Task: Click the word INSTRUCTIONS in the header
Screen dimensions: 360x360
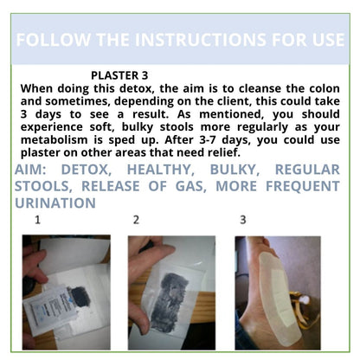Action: click(200, 40)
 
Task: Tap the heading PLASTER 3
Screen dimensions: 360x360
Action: click(119, 75)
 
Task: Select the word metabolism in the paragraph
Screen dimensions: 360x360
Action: click(54, 140)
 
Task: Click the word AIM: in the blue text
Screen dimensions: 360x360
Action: click(30, 170)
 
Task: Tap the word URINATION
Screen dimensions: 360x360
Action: click(55, 203)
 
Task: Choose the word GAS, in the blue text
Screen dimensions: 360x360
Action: click(191, 186)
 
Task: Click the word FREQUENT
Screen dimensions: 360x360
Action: click(303, 186)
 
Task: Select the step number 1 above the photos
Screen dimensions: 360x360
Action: click(37, 220)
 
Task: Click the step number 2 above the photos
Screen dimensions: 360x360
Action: click(136, 220)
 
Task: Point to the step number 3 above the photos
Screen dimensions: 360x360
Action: click(243, 220)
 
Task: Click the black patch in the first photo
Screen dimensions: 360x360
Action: click(80, 297)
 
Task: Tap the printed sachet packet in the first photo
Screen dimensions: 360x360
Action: click(49, 310)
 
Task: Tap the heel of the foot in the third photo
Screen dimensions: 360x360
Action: click(251, 329)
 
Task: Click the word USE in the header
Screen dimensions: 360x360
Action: click(328, 40)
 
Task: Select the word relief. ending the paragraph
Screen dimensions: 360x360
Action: click(224, 152)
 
